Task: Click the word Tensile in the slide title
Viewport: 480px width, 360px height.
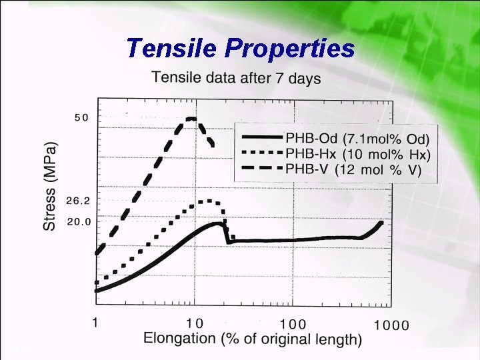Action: (x=171, y=48)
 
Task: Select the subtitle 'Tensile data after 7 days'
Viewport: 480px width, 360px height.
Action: (x=237, y=77)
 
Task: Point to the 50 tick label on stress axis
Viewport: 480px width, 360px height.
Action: (x=81, y=118)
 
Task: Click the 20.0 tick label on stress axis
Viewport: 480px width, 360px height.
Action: (x=79, y=221)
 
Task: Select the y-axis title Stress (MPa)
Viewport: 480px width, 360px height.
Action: (x=51, y=185)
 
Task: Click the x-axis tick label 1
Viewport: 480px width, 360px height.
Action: (x=97, y=323)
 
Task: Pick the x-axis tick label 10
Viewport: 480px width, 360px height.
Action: (x=194, y=323)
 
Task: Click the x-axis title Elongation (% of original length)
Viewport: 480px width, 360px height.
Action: (x=253, y=339)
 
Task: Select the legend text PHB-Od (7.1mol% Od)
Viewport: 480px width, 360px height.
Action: (x=357, y=139)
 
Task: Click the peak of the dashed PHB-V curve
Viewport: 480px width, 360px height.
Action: (x=191, y=119)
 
